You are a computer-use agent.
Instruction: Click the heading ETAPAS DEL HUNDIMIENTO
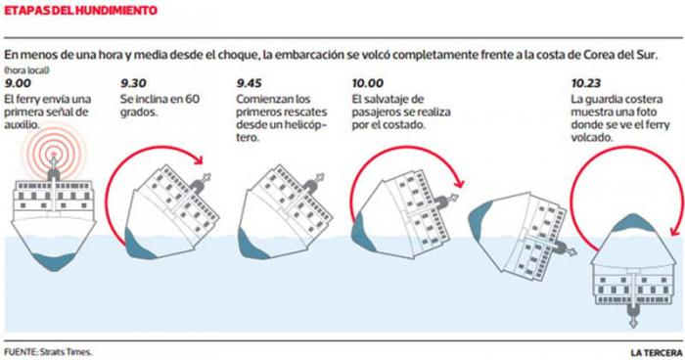tap(80, 10)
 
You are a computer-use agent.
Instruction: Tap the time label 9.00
tap(18, 83)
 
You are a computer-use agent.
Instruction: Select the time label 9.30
tap(134, 83)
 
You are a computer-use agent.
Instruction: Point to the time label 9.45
tap(250, 83)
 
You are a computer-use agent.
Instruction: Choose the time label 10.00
tap(368, 83)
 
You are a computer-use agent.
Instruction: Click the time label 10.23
tap(586, 83)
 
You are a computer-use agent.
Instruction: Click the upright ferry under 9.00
tap(54, 214)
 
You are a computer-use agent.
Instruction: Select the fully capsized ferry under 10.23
tap(632, 270)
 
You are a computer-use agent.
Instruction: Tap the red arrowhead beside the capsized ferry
tap(675, 232)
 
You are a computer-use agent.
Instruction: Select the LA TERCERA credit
tap(657, 352)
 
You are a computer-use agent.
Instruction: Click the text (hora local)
tap(27, 69)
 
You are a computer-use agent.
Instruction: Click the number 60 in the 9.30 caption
tap(192, 99)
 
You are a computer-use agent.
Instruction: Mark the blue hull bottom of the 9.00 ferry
tap(54, 262)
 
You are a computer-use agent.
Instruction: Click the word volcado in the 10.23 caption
tap(591, 138)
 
